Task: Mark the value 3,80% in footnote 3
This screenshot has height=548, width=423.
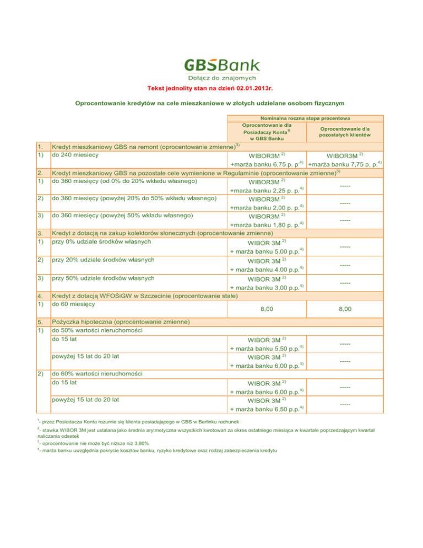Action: pyautogui.click(x=140, y=443)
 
